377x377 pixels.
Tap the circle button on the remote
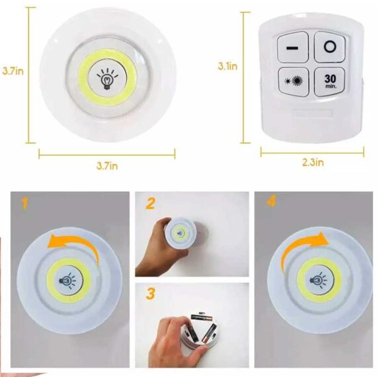(330, 48)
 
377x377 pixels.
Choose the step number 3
(151, 292)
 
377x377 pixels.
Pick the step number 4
(271, 202)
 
